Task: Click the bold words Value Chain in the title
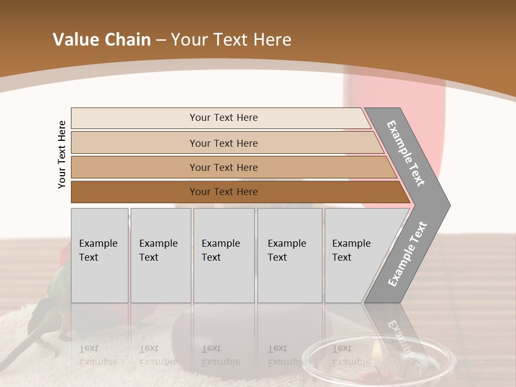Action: [102, 40]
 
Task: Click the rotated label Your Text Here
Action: [62, 154]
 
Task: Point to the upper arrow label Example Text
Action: [406, 153]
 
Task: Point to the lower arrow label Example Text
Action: [407, 254]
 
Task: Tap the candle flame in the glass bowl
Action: [377, 352]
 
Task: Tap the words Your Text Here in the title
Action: [231, 40]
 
